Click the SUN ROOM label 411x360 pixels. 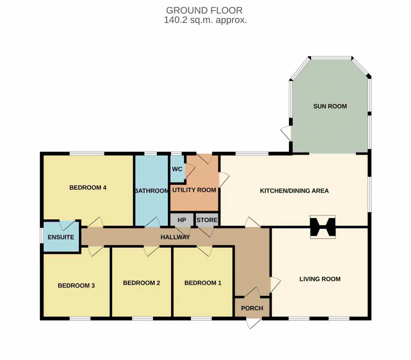330,106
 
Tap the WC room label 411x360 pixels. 177,169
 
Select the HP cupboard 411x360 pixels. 182,220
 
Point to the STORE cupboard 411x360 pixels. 207,220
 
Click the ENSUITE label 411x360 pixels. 61,237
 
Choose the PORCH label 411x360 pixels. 252,308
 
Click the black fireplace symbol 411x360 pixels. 323,227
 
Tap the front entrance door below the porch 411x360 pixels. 254,323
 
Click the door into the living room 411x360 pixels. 275,285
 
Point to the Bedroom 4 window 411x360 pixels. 87,153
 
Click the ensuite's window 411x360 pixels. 42,235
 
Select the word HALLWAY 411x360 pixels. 175,237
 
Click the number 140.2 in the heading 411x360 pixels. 176,20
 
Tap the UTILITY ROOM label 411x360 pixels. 194,190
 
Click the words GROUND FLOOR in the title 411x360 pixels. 204,11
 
